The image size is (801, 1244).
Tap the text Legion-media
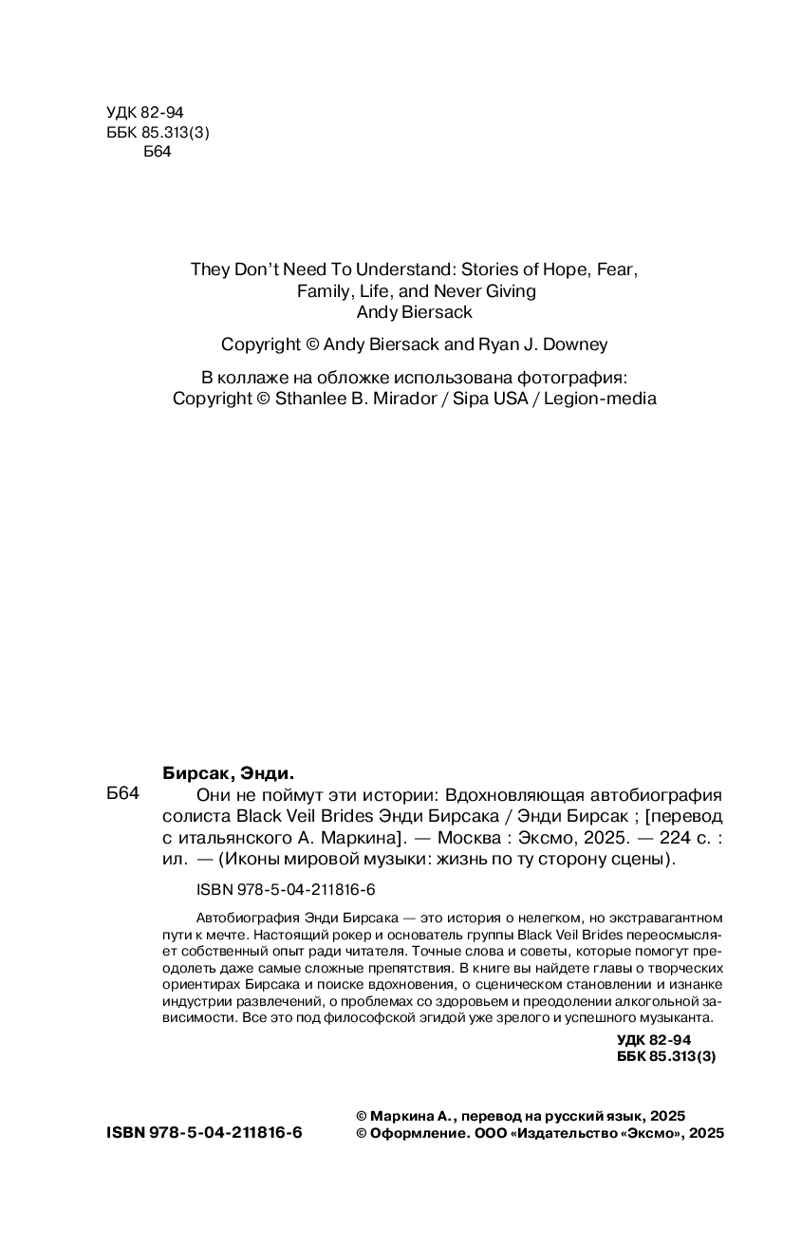tap(600, 399)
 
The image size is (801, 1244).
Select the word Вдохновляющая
tap(528, 795)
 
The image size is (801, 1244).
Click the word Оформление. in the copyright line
tap(418, 1133)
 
